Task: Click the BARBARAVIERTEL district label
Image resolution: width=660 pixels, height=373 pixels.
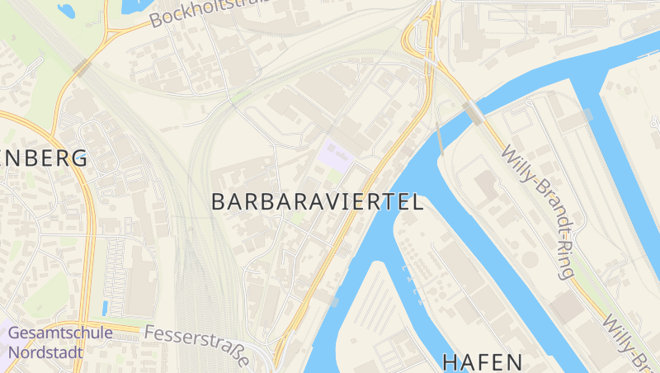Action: pos(318,201)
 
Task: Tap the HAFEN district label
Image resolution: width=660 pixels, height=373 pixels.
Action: pos(483,361)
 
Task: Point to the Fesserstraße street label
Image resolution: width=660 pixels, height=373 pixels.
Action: pos(197,345)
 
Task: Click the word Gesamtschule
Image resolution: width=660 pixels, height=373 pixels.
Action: pos(60,333)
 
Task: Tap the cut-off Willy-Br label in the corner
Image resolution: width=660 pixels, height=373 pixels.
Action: pos(632,343)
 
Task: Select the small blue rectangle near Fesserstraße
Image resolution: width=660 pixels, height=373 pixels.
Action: pos(105,307)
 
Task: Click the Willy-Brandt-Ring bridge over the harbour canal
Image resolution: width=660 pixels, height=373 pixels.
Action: pos(474,112)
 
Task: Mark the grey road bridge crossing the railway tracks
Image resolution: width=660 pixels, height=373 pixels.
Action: pos(83,67)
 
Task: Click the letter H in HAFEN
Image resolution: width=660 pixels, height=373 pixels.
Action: pos(450,361)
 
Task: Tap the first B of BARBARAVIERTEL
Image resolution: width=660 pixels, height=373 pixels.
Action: pos(219,201)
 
